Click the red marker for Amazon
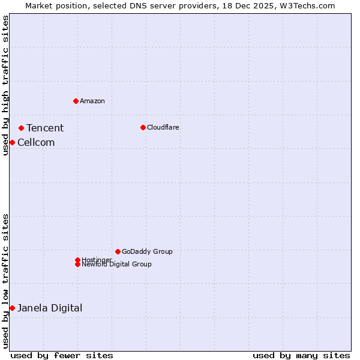click(76, 101)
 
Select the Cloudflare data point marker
click(143, 127)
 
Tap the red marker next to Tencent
click(21, 128)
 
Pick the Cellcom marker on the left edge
click(12, 142)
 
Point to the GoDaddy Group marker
click(118, 251)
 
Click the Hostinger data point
click(77, 260)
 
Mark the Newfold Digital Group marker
click(77, 264)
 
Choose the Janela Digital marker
click(12, 308)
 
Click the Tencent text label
click(45, 128)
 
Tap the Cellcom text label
click(36, 142)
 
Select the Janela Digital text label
click(50, 308)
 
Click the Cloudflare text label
click(163, 127)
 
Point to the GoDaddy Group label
click(147, 251)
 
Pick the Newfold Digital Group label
click(117, 265)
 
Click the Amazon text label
click(92, 101)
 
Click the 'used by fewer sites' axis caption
click(62, 355)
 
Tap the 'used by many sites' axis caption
click(301, 355)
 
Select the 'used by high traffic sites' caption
click(5, 85)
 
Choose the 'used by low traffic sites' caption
click(5, 281)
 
